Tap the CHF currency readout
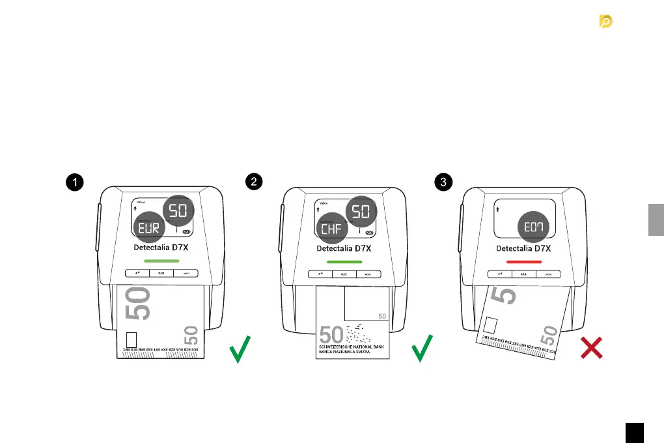[331, 227]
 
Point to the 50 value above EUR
[176, 210]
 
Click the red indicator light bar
[524, 261]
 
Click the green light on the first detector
[161, 261]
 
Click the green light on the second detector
[344, 261]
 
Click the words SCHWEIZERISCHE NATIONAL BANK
[352, 347]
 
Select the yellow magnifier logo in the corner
[605, 22]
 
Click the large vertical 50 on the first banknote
[142, 304]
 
